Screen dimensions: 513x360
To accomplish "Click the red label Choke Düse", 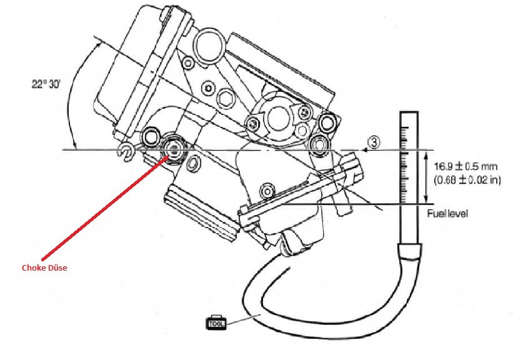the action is pyautogui.click(x=44, y=267).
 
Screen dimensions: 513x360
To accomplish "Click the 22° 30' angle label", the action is pyautogui.click(x=46, y=84).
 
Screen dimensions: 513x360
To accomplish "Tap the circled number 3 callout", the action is pyautogui.click(x=374, y=142).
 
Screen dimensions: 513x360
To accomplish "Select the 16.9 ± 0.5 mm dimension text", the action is pyautogui.click(x=466, y=167).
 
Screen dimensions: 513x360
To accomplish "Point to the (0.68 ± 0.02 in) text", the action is pyautogui.click(x=467, y=180).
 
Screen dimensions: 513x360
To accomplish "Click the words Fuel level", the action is pyautogui.click(x=447, y=214).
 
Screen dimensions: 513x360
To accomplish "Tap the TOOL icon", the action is pyautogui.click(x=216, y=322).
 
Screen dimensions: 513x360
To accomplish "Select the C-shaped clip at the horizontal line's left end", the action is pyautogui.click(x=126, y=152).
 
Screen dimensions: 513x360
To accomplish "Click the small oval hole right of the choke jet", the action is pyautogui.click(x=192, y=163).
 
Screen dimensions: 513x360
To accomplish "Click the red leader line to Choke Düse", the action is pyautogui.click(x=105, y=206).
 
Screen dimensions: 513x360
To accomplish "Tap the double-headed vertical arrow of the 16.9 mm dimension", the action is pyautogui.click(x=426, y=177).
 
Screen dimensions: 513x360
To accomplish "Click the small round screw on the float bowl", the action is pyautogui.click(x=267, y=191).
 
